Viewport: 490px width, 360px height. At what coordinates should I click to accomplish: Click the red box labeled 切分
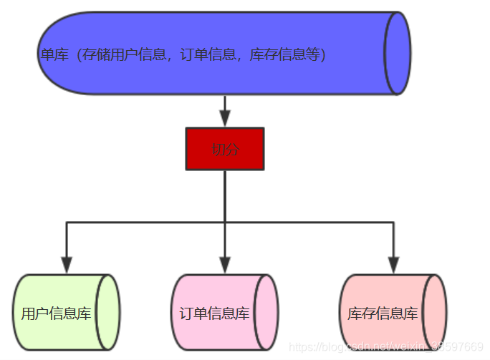(225, 149)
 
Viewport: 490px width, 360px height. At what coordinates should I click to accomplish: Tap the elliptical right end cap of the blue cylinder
(398, 53)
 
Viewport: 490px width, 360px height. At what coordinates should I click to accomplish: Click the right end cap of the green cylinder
(108, 313)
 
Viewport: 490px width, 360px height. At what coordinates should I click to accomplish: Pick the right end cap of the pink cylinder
(266, 313)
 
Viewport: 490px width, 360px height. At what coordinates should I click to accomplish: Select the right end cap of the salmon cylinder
(435, 313)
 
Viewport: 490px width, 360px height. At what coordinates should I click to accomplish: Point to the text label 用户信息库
(57, 313)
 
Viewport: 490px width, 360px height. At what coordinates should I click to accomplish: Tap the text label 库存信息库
(383, 313)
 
